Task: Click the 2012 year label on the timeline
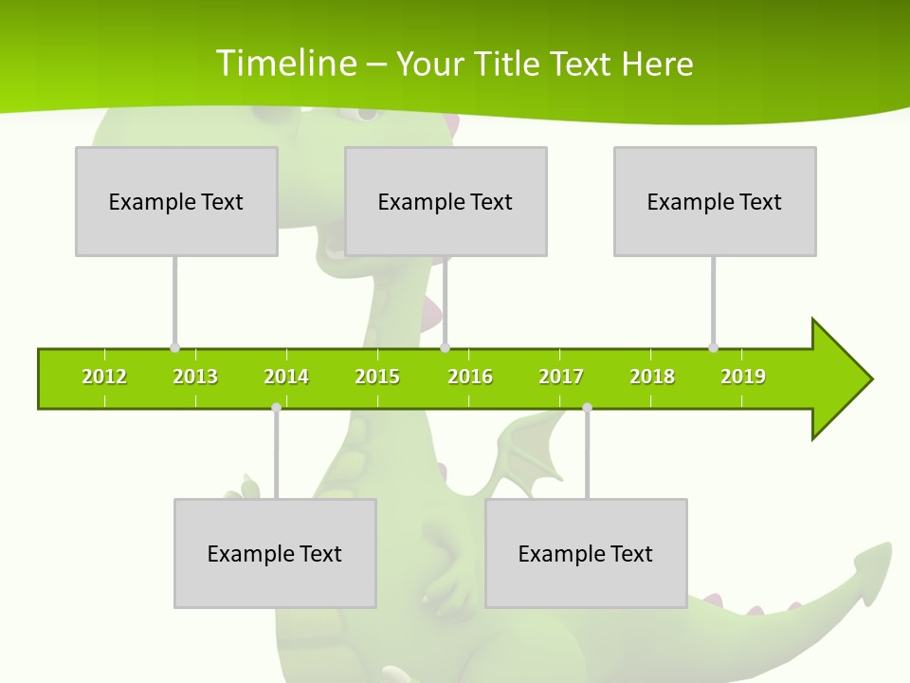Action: [x=104, y=377]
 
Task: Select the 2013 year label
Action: [x=195, y=377]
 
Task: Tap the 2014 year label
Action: [x=286, y=377]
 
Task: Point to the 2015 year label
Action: [x=377, y=377]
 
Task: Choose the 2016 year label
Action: [x=470, y=377]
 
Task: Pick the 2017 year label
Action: [x=561, y=377]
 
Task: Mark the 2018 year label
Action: [x=652, y=377]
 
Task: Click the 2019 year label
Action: [x=743, y=377]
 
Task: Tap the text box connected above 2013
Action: [x=176, y=201]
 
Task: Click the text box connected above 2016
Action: [x=446, y=201]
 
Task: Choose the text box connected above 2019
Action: [x=715, y=201]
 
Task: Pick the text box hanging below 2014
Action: [x=275, y=553]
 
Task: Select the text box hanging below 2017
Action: [x=586, y=553]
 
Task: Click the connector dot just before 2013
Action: [x=174, y=347]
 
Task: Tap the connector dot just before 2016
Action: [x=445, y=347]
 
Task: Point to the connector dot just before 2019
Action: [x=713, y=347]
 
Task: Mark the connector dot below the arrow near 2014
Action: [x=276, y=408]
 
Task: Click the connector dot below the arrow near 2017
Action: [x=587, y=408]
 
